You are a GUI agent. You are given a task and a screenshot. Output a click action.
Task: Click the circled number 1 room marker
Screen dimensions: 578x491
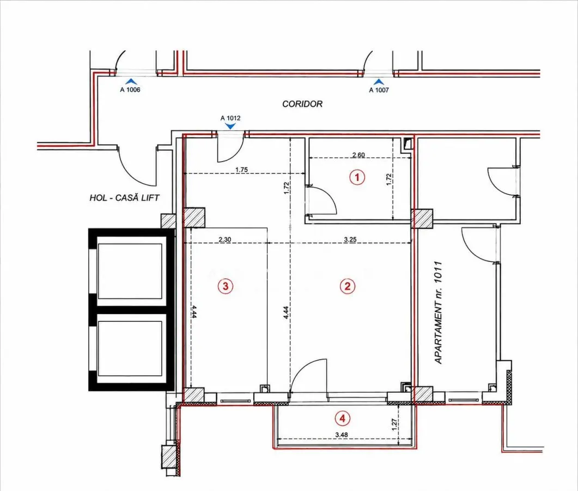tap(357, 177)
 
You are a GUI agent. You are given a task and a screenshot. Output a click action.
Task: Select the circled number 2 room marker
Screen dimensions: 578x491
tap(347, 286)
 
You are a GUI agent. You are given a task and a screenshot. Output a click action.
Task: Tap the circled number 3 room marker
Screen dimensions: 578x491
tap(225, 286)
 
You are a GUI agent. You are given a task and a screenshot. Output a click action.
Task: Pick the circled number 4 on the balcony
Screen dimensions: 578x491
tap(343, 418)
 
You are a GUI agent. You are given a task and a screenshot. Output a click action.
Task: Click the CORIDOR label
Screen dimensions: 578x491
tap(302, 104)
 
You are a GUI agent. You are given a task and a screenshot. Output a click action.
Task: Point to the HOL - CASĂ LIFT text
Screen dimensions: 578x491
tap(124, 198)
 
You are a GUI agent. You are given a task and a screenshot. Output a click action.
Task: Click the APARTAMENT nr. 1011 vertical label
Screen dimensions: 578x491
tap(438, 312)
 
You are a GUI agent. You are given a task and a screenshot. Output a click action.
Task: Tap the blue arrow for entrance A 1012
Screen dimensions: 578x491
tap(230, 126)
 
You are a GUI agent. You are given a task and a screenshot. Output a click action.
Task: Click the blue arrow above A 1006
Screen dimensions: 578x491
tap(131, 82)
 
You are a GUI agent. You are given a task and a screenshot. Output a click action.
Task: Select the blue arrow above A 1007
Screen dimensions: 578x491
tap(379, 82)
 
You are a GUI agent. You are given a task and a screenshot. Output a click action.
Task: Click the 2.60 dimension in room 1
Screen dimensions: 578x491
tap(358, 155)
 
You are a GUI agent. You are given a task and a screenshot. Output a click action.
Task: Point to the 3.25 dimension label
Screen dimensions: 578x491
tap(350, 239)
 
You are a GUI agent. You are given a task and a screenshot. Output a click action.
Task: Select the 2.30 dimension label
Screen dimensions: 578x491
tap(225, 239)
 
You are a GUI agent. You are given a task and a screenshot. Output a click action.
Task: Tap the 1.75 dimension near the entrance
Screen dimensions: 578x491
tap(241, 170)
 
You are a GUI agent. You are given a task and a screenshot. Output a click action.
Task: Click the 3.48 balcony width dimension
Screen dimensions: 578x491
tap(342, 434)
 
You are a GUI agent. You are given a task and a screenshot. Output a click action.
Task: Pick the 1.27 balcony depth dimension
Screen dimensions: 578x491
tap(394, 424)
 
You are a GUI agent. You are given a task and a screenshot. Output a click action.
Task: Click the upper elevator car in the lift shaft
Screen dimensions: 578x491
tap(130, 271)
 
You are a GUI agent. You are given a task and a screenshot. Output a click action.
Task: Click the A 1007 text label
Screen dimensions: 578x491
tap(379, 89)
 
